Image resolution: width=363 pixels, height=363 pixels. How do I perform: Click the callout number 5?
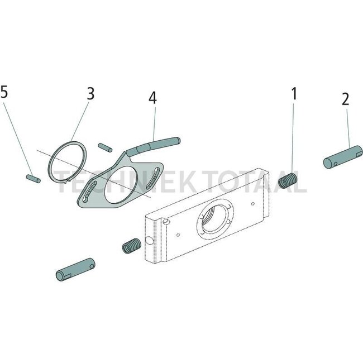(4, 93)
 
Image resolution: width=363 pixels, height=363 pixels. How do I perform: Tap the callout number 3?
(90, 93)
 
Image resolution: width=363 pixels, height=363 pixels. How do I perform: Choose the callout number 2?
(345, 99)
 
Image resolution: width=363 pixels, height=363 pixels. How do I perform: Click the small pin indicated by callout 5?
(31, 178)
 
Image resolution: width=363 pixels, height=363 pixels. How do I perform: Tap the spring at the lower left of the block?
(130, 246)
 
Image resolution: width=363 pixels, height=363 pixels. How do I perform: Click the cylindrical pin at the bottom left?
(75, 269)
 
